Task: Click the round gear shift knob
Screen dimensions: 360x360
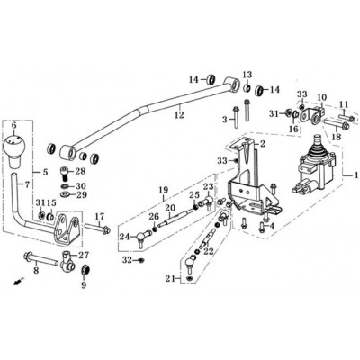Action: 13,146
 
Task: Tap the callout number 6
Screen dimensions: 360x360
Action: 13,125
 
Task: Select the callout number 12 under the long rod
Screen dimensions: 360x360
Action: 179,115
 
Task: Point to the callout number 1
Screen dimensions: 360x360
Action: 356,175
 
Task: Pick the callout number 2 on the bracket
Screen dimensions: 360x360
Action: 262,144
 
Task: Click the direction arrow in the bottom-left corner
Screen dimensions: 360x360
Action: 19,282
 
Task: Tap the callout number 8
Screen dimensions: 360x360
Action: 36,271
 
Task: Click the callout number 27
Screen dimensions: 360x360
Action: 84,256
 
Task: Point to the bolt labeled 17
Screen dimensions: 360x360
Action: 97,230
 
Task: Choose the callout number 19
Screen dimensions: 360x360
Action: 164,190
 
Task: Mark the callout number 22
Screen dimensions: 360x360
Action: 209,251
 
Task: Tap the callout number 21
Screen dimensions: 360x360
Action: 170,279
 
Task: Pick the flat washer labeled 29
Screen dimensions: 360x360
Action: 64,194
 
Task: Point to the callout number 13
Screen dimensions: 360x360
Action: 247,74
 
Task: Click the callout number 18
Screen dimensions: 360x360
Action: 337,137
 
